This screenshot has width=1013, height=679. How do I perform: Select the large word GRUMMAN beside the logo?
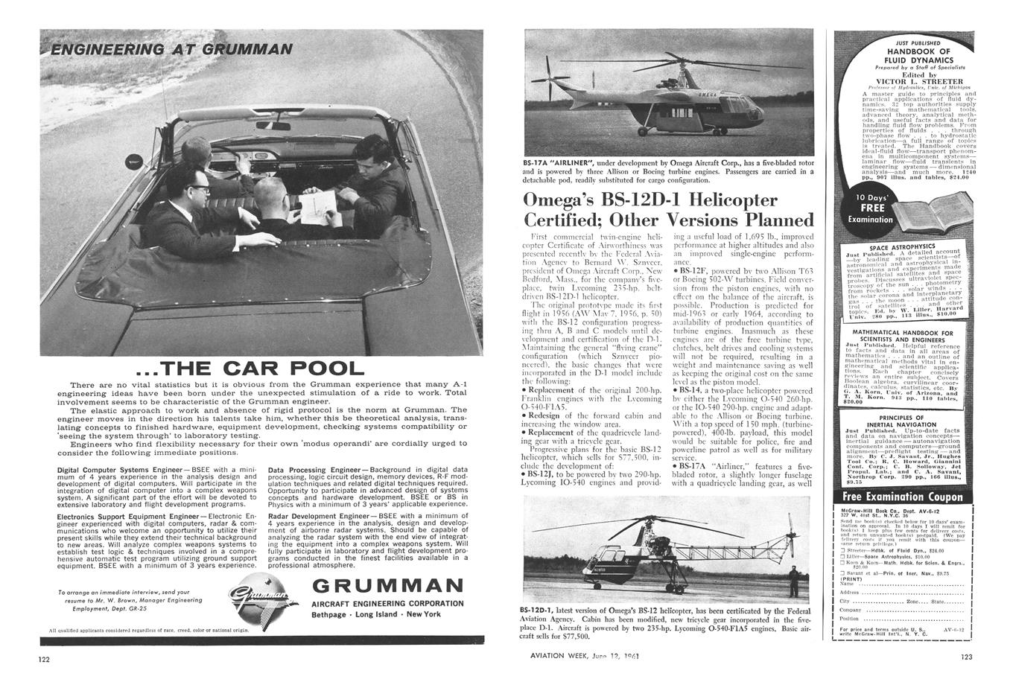tap(388, 585)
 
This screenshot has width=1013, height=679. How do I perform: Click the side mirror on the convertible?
tap(135, 160)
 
